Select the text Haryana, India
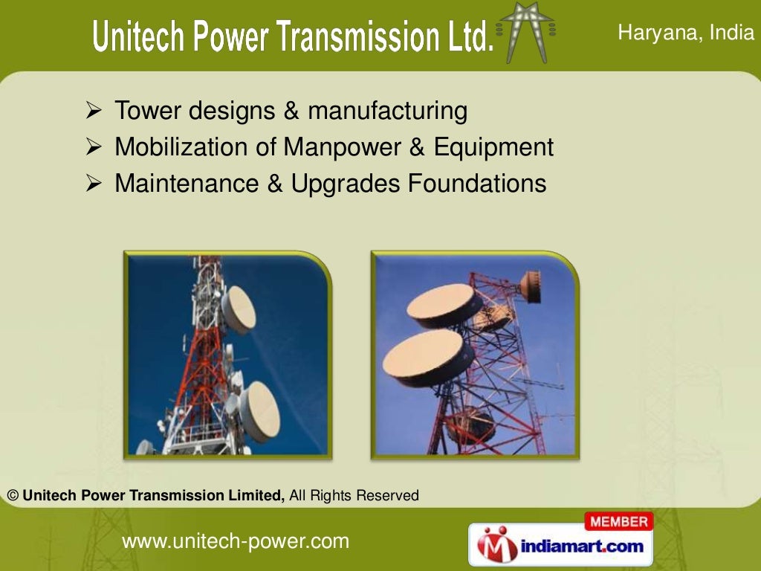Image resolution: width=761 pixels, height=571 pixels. (x=686, y=33)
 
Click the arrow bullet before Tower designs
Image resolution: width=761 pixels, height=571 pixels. (x=94, y=112)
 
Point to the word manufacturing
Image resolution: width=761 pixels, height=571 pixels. (x=387, y=111)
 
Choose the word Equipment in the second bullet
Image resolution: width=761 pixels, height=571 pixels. (x=494, y=147)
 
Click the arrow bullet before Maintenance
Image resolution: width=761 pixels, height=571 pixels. (x=94, y=184)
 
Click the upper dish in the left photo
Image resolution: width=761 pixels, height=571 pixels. (x=239, y=309)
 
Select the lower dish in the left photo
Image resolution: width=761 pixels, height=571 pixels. (x=261, y=410)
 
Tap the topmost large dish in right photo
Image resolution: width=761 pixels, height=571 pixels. (x=444, y=305)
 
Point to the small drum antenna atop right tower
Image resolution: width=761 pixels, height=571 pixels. (x=530, y=286)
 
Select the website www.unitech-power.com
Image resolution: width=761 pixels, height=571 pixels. (x=235, y=541)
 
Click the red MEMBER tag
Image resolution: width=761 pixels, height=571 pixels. (x=618, y=522)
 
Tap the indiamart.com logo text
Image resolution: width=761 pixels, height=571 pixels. (x=582, y=546)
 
